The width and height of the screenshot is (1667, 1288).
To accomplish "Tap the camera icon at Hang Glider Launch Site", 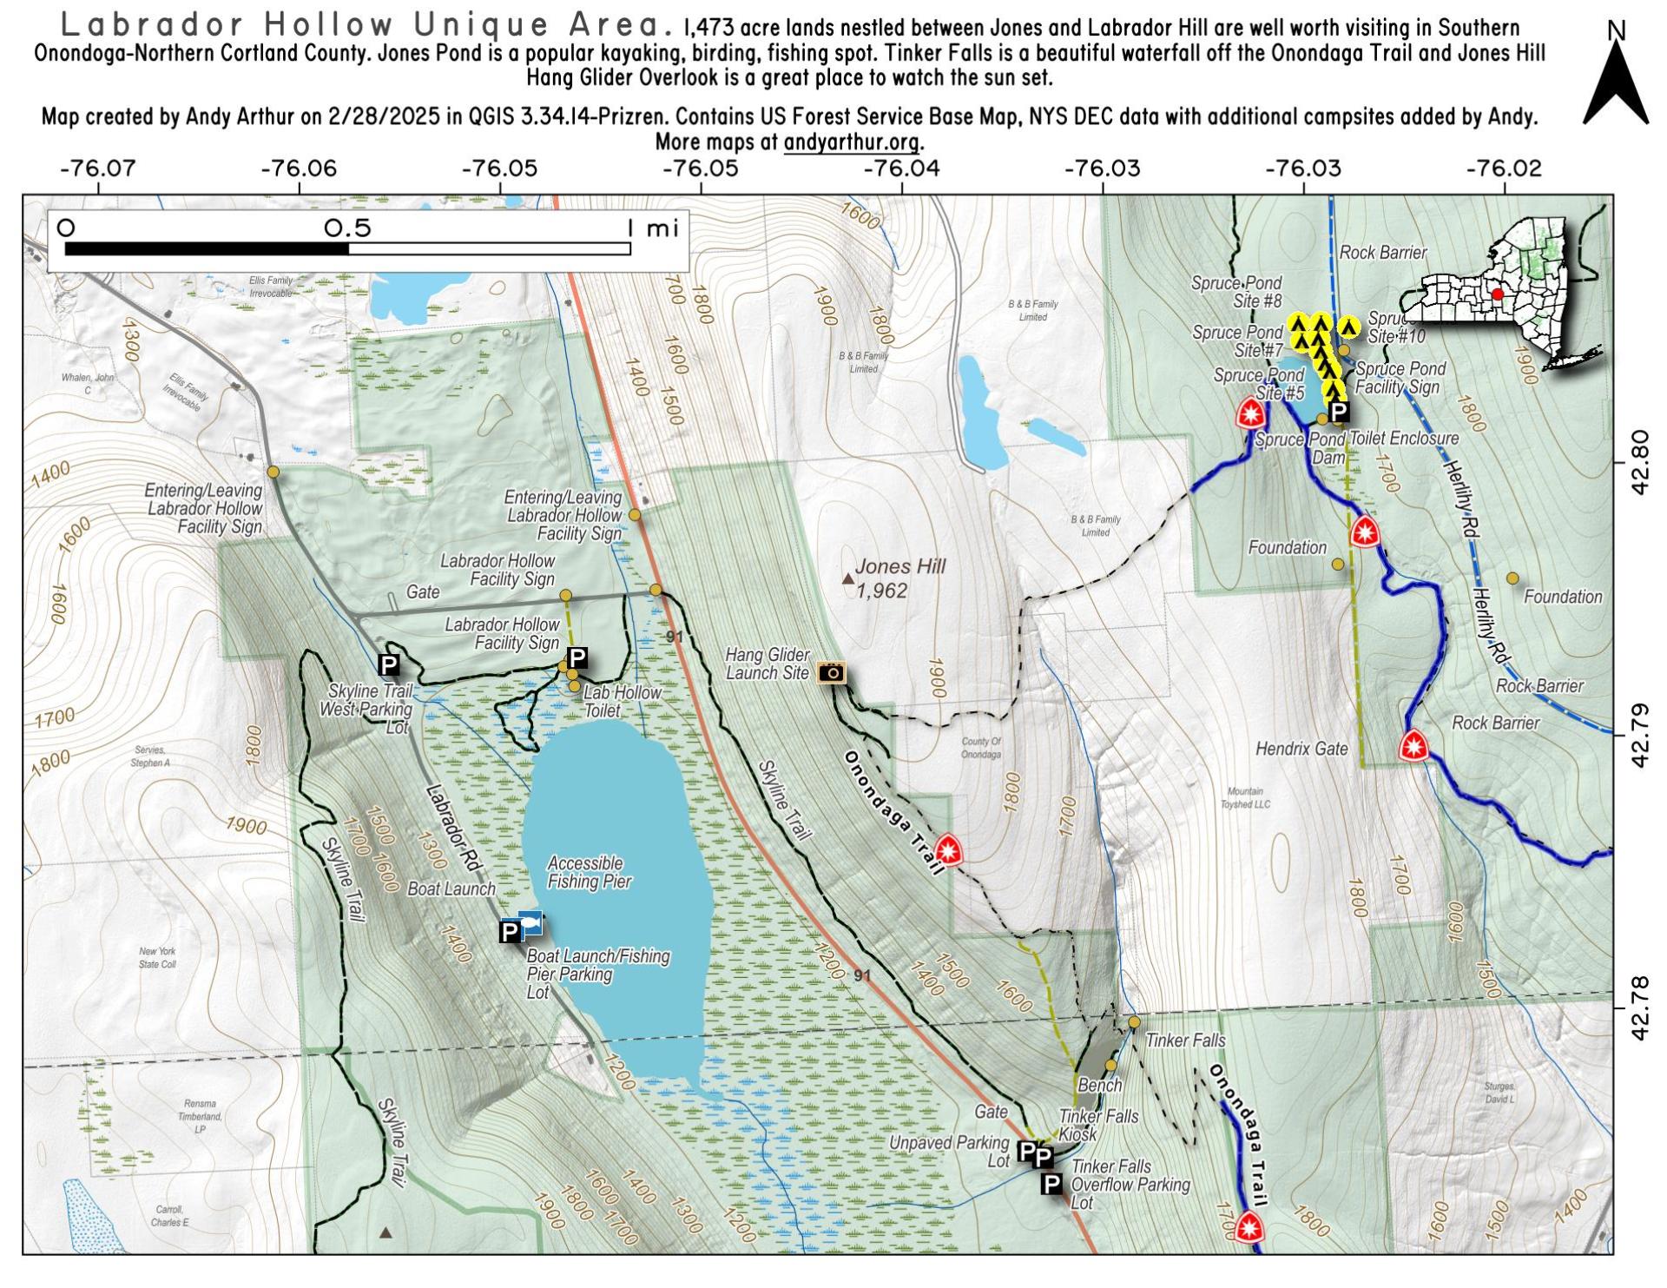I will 831,671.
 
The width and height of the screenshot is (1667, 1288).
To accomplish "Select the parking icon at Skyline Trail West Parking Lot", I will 389,665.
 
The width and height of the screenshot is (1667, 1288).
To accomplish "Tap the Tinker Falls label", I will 1184,1040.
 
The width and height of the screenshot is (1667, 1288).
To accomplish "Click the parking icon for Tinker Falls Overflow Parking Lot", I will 1051,1183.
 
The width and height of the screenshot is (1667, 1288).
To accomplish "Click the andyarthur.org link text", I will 852,142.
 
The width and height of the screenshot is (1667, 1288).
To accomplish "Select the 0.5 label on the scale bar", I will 347,228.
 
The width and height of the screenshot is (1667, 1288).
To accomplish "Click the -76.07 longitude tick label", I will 97,168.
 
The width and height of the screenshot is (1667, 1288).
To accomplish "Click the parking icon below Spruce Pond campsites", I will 1338,412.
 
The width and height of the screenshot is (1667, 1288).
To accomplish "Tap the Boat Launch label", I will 451,888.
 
